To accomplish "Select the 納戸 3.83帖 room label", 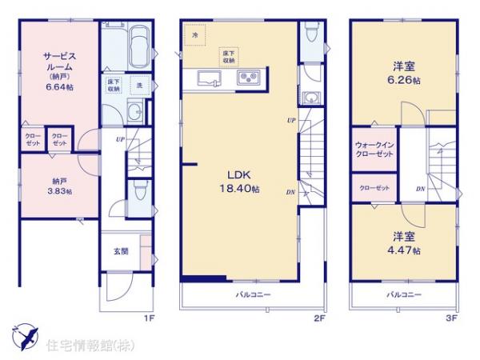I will coord(56,186).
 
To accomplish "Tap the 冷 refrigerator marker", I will coord(194,35).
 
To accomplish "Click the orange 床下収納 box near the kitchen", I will coord(230,56).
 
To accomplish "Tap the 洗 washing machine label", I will coord(138,84).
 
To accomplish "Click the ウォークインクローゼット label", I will coord(374,149).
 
